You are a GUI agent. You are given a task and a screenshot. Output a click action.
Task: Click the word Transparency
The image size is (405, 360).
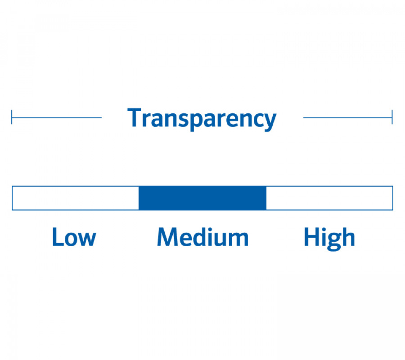pyautogui.click(x=202, y=119)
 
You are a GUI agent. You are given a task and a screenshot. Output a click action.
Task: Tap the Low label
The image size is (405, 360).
pyautogui.click(x=74, y=237)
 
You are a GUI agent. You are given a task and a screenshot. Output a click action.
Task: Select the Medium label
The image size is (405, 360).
pyautogui.click(x=203, y=237)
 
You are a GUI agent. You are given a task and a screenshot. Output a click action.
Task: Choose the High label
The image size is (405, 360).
pyautogui.click(x=329, y=238)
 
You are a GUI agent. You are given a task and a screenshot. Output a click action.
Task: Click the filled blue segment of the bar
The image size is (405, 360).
pyautogui.click(x=202, y=198)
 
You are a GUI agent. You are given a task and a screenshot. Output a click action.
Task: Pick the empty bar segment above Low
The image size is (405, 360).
pyautogui.click(x=76, y=198)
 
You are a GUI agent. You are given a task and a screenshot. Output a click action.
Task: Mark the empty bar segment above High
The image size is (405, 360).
pyautogui.click(x=329, y=198)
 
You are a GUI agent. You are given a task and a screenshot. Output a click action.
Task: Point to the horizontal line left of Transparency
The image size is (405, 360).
pyautogui.click(x=57, y=117)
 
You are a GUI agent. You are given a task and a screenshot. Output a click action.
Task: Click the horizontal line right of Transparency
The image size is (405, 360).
pyautogui.click(x=348, y=117)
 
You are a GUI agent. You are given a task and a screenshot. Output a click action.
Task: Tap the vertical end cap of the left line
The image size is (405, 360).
pyautogui.click(x=12, y=117)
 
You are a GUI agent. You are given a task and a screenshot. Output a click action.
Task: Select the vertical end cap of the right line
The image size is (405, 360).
pyautogui.click(x=392, y=117)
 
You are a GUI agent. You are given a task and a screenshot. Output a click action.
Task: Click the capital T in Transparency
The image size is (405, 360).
pyautogui.click(x=134, y=117)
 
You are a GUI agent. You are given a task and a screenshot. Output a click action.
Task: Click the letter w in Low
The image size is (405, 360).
pyautogui.click(x=88, y=239)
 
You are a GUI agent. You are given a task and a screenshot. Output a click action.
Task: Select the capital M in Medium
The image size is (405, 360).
pyautogui.click(x=167, y=237)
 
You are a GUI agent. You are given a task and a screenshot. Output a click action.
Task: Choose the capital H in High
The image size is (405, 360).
pyautogui.click(x=312, y=237)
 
